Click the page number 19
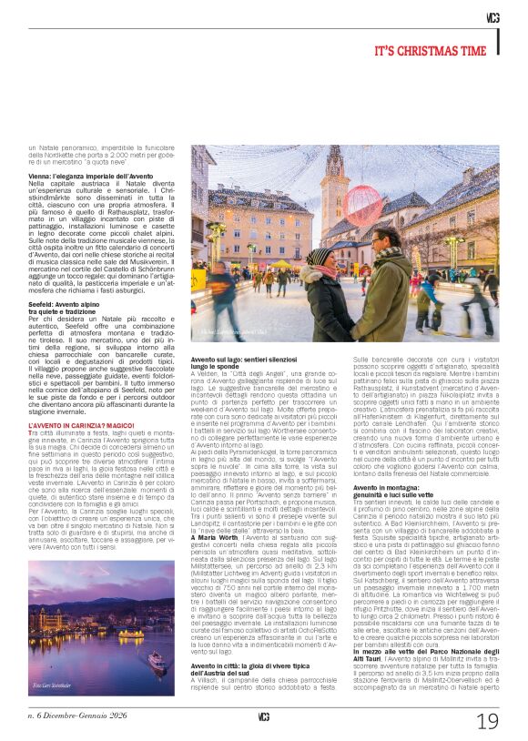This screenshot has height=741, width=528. tap(487, 720)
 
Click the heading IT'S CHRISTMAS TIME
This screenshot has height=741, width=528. tap(437, 52)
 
